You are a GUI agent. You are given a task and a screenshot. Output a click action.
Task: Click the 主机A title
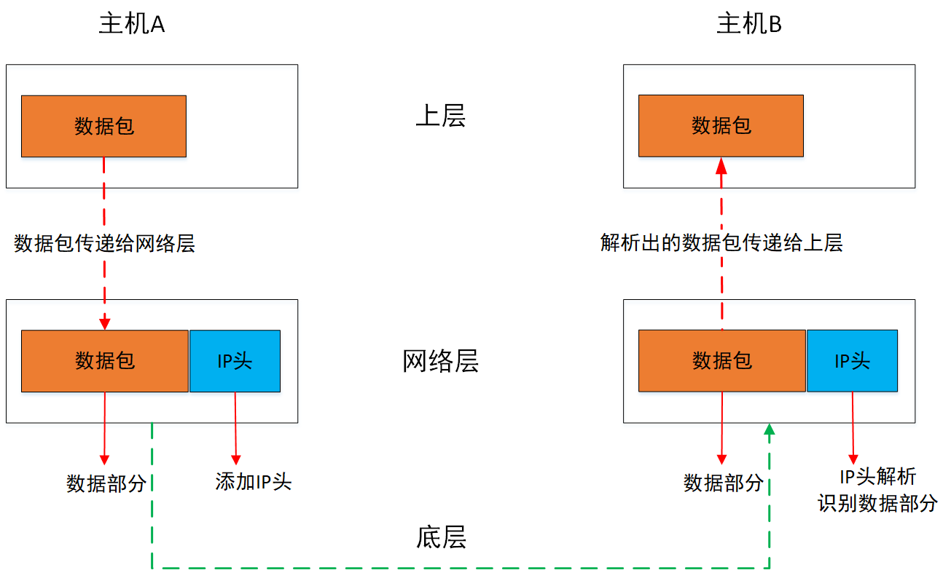coord(132,25)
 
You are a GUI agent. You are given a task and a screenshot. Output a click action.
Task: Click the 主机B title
coord(749,25)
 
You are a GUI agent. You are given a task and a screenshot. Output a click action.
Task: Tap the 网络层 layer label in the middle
coord(440,361)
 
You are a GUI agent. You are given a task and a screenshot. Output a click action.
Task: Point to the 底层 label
coord(441,537)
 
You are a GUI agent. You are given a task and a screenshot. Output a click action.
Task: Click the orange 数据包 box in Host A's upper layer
coord(103,126)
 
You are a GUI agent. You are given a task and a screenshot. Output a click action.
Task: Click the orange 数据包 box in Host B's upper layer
coord(721,126)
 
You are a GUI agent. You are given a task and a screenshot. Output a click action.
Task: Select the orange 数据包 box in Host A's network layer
coord(105,361)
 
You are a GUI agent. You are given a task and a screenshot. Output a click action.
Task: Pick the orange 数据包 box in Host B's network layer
coord(722,361)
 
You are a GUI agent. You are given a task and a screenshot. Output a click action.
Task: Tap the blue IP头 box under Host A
coord(235,361)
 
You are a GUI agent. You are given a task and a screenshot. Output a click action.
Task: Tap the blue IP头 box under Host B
coord(852,361)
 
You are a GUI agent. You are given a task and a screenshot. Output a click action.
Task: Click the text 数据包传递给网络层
coord(104,243)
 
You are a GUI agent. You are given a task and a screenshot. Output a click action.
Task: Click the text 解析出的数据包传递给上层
coord(721,243)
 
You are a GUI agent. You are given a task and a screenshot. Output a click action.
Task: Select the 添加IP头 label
coord(253,481)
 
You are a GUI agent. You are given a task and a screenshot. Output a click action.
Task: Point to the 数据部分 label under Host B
coord(724,483)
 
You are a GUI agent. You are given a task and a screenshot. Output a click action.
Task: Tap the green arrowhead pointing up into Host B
coord(768,431)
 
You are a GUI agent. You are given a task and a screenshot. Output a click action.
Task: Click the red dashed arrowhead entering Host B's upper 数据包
coord(721,165)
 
